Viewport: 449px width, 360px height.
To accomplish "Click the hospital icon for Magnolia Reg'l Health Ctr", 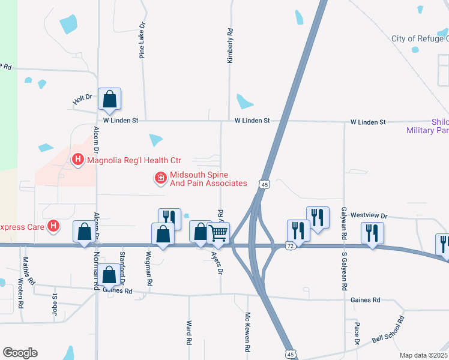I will click(x=77, y=160).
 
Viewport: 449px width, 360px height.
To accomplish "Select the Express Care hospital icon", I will click(x=54, y=226).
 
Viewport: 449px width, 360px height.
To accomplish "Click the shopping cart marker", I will click(x=218, y=233).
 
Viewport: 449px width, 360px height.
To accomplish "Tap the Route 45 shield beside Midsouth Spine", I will click(x=264, y=184).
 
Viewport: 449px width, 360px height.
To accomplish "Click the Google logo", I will click(x=20, y=353).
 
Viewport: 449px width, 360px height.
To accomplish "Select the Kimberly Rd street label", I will click(x=229, y=46).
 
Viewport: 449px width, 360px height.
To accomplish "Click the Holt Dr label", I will click(x=82, y=100).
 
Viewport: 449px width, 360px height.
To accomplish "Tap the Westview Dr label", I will click(x=370, y=215).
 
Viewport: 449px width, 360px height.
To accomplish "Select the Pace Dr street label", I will click(x=357, y=333).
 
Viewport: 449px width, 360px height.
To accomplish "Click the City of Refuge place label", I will click(x=420, y=38).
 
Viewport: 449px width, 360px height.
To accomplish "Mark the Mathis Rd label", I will click(x=26, y=270).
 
